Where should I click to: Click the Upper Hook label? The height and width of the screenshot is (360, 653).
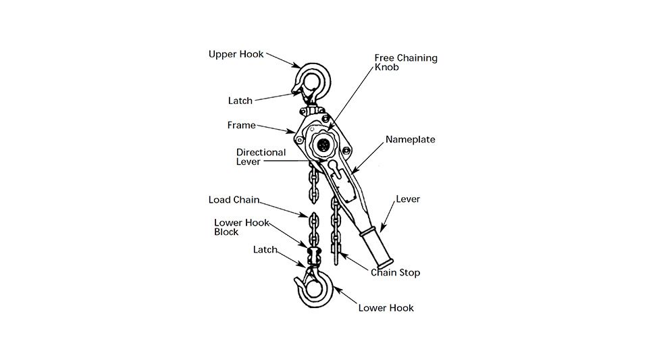click(x=236, y=54)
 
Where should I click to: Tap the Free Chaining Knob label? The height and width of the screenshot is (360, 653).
click(x=406, y=62)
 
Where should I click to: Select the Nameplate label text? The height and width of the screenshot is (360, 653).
click(x=410, y=140)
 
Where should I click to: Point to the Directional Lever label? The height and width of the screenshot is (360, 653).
click(x=261, y=157)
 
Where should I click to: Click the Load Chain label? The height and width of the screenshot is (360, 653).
click(x=234, y=199)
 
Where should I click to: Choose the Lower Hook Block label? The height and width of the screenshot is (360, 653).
click(x=242, y=227)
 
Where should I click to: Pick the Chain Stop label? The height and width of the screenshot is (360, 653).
click(x=395, y=272)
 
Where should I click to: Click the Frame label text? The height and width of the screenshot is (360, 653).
click(x=242, y=125)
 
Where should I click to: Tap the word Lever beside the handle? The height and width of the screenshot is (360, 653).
click(x=408, y=199)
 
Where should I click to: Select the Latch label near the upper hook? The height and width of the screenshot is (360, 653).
click(x=240, y=101)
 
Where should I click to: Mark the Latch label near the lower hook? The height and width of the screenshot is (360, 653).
click(x=265, y=250)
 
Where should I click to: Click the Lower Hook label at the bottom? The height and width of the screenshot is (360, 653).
click(x=386, y=308)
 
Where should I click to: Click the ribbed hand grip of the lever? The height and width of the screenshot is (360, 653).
click(x=376, y=248)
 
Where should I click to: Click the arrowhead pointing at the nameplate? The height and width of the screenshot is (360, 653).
click(x=355, y=170)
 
